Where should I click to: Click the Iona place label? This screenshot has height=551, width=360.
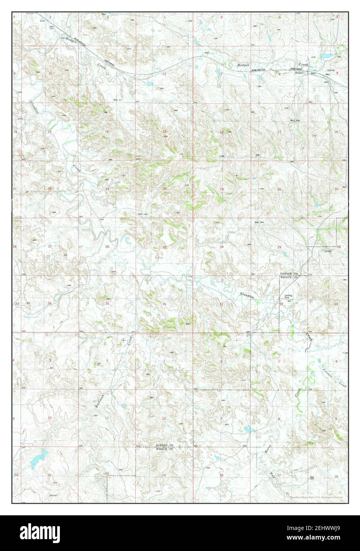tap(42, 19)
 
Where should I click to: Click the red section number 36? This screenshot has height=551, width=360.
tap(164, 304)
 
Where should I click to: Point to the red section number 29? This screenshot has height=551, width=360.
tap(279, 247)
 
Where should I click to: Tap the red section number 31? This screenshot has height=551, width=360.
tap(222, 304)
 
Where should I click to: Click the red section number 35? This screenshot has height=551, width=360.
tap(107, 304)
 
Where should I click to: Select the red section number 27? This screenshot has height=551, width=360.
tap(50, 247)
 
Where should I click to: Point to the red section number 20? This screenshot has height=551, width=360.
tap(279, 189)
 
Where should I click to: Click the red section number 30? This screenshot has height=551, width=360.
tap(222, 247)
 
